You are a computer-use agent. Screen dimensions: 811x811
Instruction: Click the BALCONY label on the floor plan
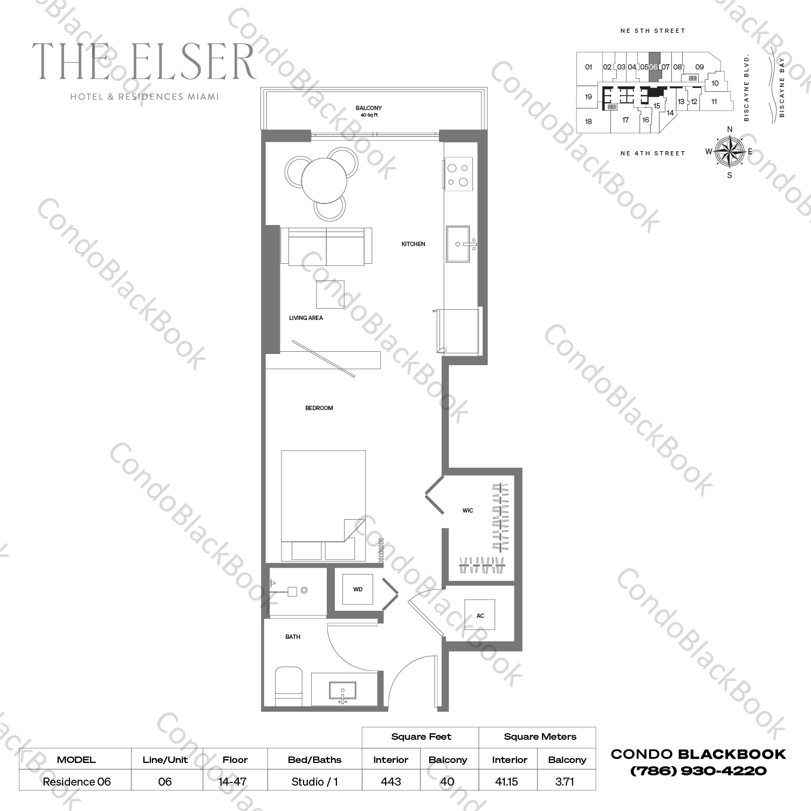pos(369,108)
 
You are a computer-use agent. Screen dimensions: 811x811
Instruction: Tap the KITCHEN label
pos(414,244)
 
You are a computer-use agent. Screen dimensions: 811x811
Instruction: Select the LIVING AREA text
pos(306,318)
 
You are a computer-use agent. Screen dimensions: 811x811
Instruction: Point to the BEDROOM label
pos(319,408)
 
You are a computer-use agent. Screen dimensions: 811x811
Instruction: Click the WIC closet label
pos(468,510)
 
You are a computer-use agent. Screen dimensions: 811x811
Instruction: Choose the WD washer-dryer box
pos(358,589)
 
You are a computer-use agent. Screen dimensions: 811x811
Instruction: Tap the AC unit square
pos(480,615)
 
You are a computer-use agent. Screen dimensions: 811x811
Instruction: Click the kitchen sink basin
pos(458,244)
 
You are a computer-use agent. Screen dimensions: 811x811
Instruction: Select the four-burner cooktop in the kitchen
pos(458,174)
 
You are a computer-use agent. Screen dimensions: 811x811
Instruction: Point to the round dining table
pos(324,180)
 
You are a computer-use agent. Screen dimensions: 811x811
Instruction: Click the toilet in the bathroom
pos(288,686)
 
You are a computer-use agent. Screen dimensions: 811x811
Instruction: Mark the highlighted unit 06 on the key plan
pos(654,67)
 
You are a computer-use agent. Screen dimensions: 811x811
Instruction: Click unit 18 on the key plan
pos(589,121)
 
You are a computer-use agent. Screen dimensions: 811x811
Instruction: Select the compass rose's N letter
pos(730,129)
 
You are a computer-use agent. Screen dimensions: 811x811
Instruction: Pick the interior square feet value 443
pos(391,781)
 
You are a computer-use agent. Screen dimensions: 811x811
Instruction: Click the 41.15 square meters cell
pos(507,781)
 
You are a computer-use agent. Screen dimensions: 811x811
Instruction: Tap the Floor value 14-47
pos(232,781)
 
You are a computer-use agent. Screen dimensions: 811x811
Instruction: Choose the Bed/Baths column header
pos(315,760)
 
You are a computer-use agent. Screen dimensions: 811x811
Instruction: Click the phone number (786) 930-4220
pos(698,771)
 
